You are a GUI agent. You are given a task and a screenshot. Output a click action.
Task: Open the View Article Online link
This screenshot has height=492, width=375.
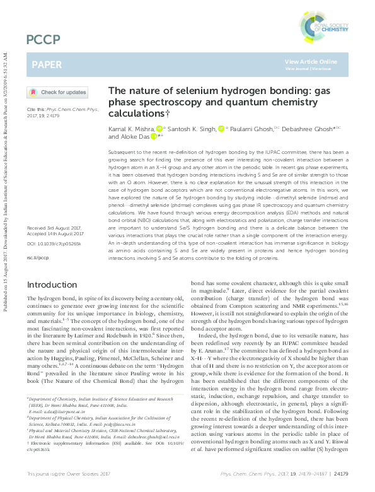311,61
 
